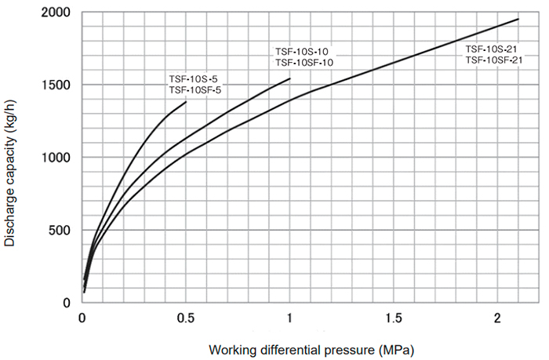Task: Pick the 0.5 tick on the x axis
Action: tap(187, 318)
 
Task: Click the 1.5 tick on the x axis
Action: tap(394, 318)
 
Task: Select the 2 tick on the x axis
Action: tap(498, 318)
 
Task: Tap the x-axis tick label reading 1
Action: tap(289, 318)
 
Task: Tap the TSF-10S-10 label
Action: tap(301, 52)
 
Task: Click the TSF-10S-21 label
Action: tap(492, 49)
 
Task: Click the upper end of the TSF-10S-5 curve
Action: tap(187, 101)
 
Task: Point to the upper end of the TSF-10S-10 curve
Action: tap(290, 78)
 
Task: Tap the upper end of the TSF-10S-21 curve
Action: tap(518, 19)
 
